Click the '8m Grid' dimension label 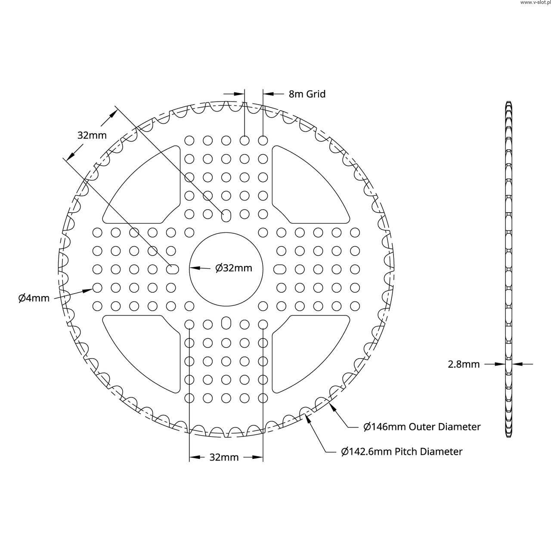click(x=307, y=94)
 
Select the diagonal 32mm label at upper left click(x=92, y=135)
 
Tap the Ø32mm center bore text click(x=234, y=268)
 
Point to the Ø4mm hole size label click(x=34, y=297)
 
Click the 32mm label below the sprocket click(x=224, y=457)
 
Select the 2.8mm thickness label click(x=464, y=364)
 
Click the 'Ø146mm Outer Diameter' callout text click(x=422, y=427)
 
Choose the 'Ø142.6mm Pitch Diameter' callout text click(x=402, y=452)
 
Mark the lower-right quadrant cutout click(x=308, y=351)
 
